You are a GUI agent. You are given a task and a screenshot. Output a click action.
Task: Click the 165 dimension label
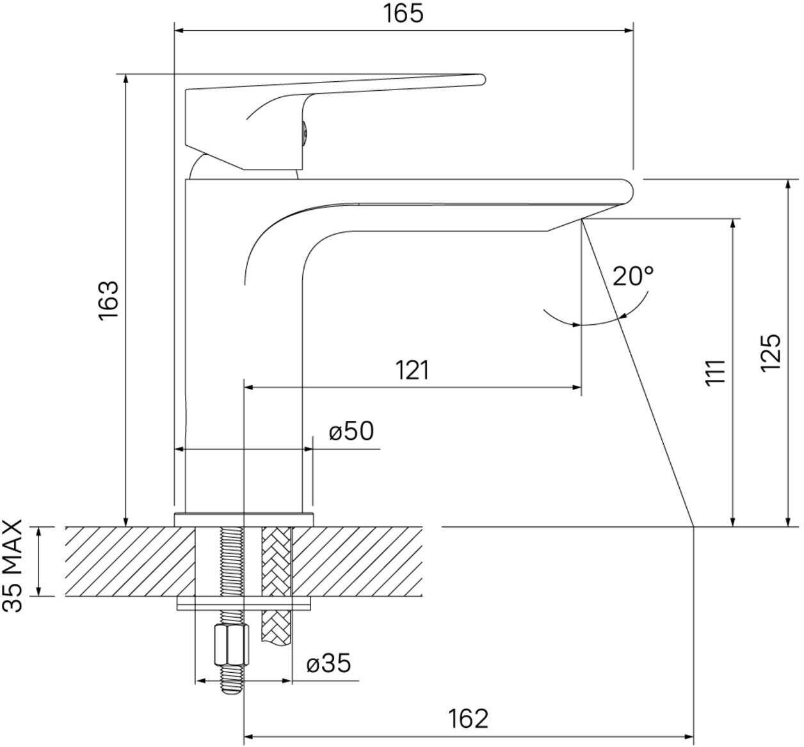click(403, 13)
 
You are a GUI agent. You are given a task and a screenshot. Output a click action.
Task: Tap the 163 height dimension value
click(108, 299)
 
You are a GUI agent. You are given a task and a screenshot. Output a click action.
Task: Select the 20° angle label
click(632, 276)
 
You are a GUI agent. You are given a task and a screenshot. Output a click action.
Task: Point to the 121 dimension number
click(412, 370)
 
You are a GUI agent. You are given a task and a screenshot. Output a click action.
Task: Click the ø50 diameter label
click(351, 430)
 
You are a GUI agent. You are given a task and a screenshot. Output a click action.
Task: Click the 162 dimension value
click(468, 719)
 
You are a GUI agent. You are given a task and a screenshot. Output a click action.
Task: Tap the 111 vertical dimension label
click(714, 372)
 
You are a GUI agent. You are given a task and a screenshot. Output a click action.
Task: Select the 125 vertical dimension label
click(771, 352)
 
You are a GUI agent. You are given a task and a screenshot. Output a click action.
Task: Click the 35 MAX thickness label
click(12, 566)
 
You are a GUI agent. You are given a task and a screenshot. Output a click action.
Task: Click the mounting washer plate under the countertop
click(244, 603)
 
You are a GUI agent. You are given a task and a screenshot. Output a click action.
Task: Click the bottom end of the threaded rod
click(232, 691)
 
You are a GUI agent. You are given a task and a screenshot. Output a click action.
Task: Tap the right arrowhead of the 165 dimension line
click(629, 30)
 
